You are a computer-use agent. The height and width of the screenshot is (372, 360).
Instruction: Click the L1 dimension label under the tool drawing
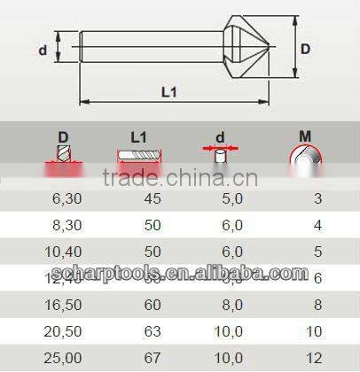pos(168,91)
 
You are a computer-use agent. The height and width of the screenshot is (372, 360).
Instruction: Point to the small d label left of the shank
pos(42,50)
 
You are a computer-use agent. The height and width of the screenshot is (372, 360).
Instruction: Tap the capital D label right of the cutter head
pos(304,50)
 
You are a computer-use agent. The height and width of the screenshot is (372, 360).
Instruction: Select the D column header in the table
pos(63,137)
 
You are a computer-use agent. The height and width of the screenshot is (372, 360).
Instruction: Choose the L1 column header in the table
pos(138,137)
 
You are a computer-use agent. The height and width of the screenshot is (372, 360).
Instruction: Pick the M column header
pos(305,136)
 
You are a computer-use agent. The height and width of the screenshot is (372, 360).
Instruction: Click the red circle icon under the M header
pos(305,159)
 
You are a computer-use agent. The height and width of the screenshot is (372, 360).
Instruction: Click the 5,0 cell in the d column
pos(231,200)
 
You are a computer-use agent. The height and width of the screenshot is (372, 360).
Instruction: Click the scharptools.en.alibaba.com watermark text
pos(179,275)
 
